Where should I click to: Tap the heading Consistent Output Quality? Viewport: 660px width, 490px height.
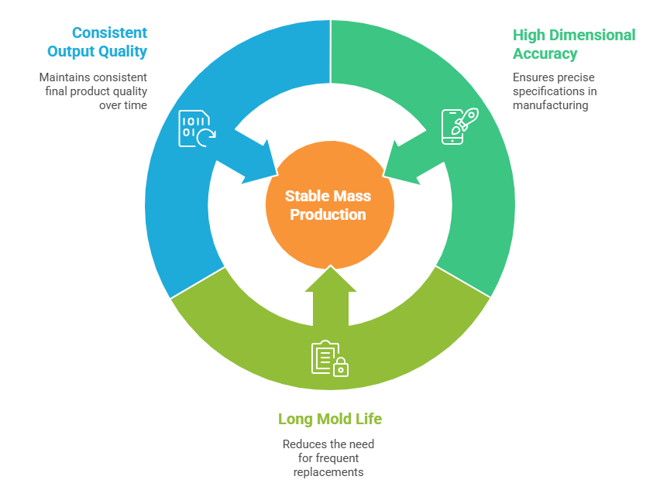click(98, 43)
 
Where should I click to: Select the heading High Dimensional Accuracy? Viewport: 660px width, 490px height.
click(573, 44)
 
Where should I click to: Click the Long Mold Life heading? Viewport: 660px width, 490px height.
click(330, 419)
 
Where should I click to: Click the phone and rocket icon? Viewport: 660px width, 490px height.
click(459, 126)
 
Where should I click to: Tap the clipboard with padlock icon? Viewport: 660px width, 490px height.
click(329, 358)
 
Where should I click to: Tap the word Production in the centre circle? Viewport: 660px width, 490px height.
click(328, 214)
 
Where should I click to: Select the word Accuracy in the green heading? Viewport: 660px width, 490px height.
click(545, 54)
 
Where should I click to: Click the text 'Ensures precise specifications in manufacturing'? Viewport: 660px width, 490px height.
click(553, 91)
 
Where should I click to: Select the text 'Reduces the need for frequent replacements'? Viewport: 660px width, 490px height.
click(328, 457)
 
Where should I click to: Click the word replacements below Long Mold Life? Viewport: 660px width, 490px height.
click(328, 471)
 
